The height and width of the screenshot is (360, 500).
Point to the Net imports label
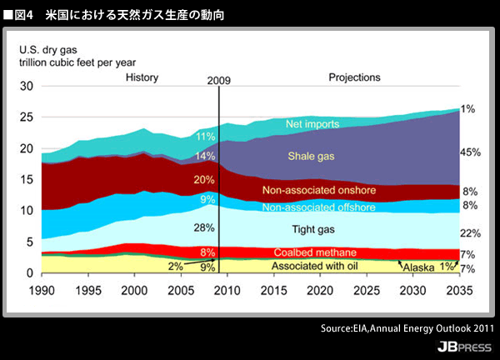[312, 124]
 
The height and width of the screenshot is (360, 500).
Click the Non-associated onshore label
[319, 190]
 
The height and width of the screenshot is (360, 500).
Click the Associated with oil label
[316, 266]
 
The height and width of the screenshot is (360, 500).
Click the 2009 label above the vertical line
[217, 80]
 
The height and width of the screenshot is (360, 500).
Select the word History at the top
[142, 77]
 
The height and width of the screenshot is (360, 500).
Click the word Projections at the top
[352, 77]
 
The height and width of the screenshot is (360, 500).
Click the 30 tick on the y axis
[26, 87]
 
